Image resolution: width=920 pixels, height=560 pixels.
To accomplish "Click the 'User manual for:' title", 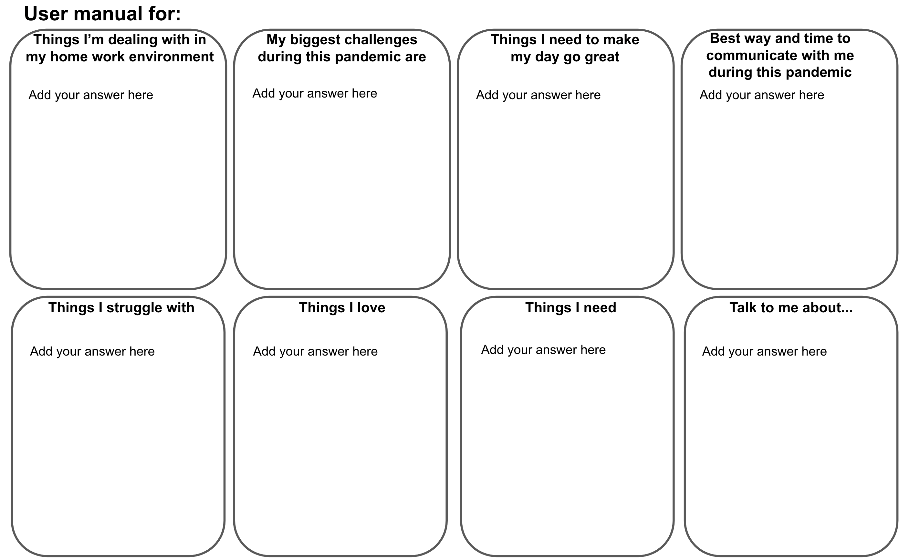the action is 102,14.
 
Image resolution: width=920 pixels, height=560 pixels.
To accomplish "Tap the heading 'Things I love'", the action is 342,308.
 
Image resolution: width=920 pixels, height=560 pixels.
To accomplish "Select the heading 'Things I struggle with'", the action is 121,308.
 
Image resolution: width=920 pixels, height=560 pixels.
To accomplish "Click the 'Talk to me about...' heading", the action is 791,308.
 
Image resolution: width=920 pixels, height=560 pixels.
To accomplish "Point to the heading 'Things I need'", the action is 570,308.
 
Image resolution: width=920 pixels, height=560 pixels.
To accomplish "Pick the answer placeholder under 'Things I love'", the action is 316,351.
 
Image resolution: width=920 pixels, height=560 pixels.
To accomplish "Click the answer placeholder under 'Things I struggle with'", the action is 92,351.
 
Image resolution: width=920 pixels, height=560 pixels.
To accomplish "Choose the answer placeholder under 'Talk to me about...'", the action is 764,351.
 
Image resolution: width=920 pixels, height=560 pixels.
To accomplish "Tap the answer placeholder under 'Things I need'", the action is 543,350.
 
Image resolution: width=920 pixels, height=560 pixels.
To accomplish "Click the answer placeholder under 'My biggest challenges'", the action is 315,93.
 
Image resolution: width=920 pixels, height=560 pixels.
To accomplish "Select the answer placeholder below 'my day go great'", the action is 538,95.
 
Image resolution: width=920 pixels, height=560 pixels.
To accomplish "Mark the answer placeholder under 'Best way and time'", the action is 762,95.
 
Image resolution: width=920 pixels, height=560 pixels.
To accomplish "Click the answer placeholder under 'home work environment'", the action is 91,95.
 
